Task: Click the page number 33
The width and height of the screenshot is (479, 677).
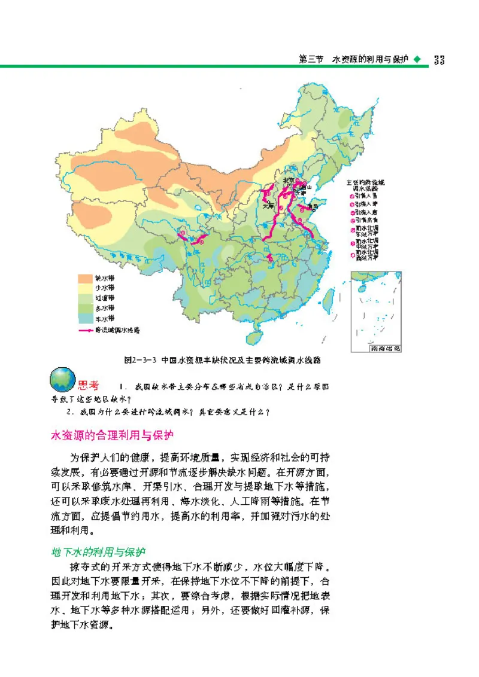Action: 439,60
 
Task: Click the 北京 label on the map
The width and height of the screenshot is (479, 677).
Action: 289,179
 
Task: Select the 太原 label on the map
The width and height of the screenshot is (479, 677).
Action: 269,206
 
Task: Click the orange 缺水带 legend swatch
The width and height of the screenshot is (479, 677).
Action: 85,277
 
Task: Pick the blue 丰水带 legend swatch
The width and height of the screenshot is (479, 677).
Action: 85,318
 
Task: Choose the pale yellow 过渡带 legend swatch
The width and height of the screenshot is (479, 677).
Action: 85,298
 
